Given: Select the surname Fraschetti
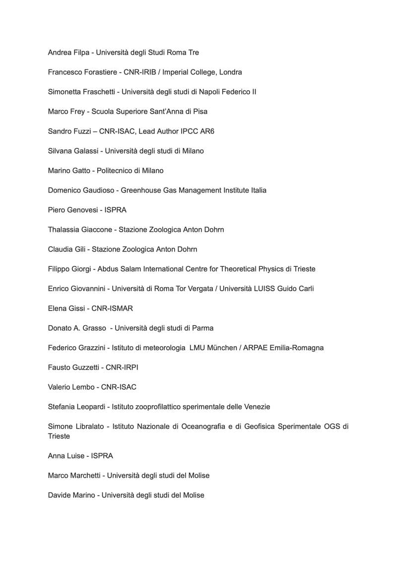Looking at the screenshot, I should click(100, 92).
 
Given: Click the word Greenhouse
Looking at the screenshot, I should click(140, 190).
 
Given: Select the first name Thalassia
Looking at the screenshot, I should click(64, 230).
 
